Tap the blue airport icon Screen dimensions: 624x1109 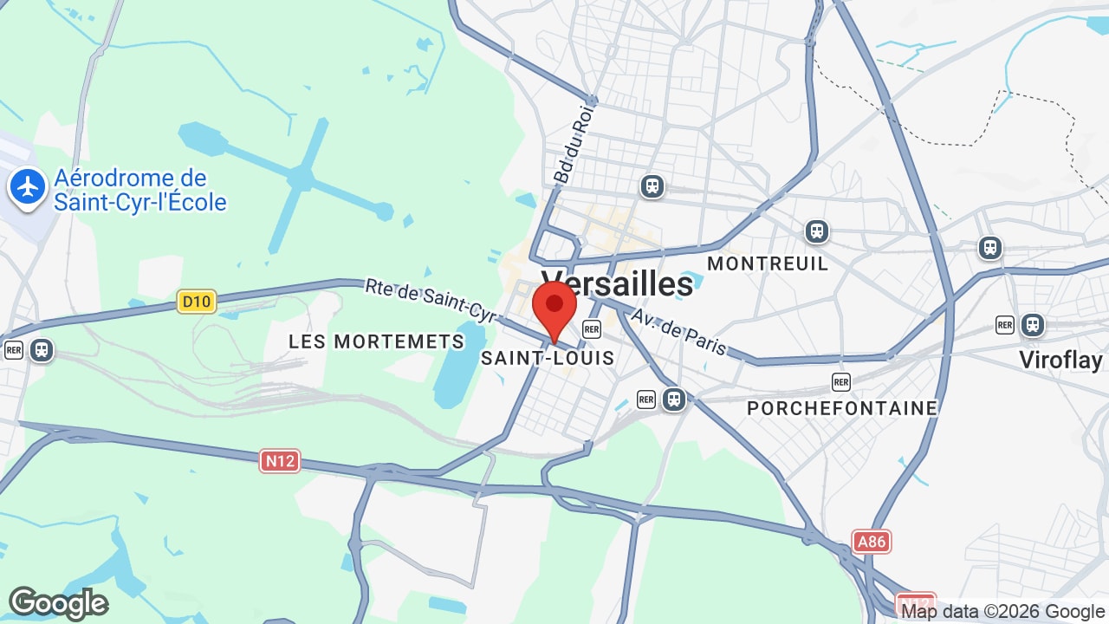click(28, 187)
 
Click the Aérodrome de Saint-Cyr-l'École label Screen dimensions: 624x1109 click(139, 191)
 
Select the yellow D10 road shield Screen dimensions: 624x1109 click(197, 302)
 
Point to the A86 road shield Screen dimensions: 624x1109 click(871, 543)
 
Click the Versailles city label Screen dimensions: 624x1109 click(618, 283)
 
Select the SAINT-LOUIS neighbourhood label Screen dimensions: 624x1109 click(548, 358)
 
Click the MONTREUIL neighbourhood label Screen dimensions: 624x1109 click(768, 263)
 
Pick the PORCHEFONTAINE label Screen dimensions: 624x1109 click(842, 408)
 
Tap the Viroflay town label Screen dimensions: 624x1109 click(1060, 360)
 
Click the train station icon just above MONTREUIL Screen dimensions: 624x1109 click(816, 231)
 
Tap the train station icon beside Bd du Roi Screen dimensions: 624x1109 click(652, 186)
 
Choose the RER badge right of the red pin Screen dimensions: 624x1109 click(592, 329)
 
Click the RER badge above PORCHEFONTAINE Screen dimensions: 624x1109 click(840, 382)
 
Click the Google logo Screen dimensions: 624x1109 click(58, 603)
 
